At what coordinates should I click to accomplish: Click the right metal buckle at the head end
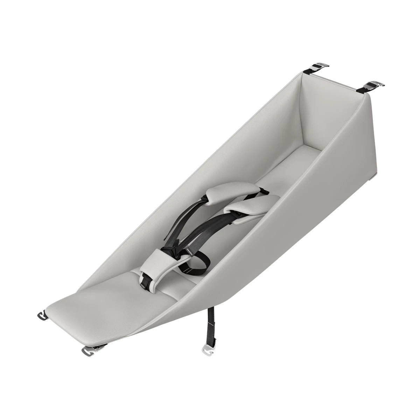point(375,84)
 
